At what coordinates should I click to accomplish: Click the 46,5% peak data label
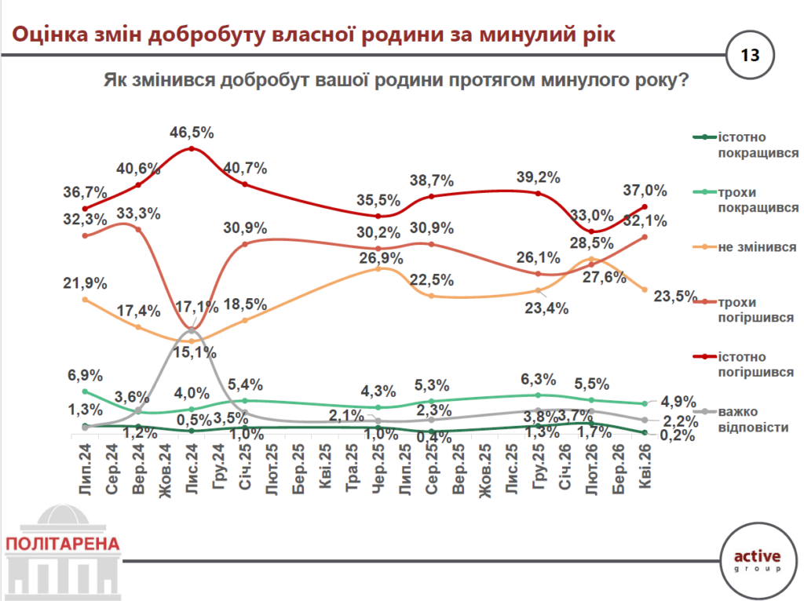(192, 131)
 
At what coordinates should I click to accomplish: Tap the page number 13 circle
(750, 56)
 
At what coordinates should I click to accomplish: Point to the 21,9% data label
(85, 283)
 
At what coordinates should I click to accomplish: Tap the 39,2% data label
(539, 177)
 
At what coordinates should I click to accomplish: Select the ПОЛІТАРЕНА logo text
(62, 544)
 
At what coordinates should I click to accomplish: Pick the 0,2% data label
(678, 436)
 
